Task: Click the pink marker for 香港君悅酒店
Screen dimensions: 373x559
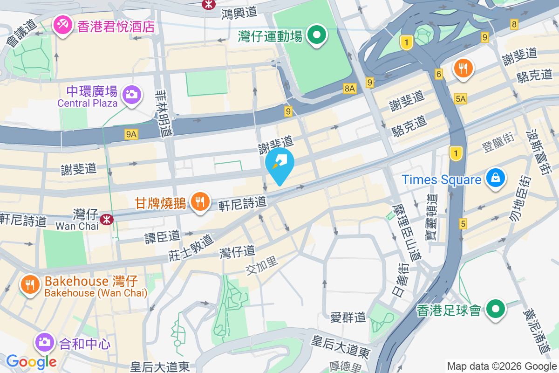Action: pyautogui.click(x=61, y=25)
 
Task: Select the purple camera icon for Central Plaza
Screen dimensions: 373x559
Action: pyautogui.click(x=132, y=95)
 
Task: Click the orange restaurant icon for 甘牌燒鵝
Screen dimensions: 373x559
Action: pyautogui.click(x=200, y=202)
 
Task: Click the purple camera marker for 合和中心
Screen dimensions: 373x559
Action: pyautogui.click(x=45, y=342)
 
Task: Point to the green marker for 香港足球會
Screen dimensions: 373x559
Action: pyautogui.click(x=497, y=309)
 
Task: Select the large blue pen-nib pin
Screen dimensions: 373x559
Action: pyautogui.click(x=279, y=165)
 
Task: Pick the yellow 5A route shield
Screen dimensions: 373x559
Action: pyautogui.click(x=461, y=98)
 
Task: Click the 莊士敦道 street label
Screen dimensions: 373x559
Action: pyautogui.click(x=191, y=247)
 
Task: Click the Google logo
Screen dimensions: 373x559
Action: pyautogui.click(x=31, y=361)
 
